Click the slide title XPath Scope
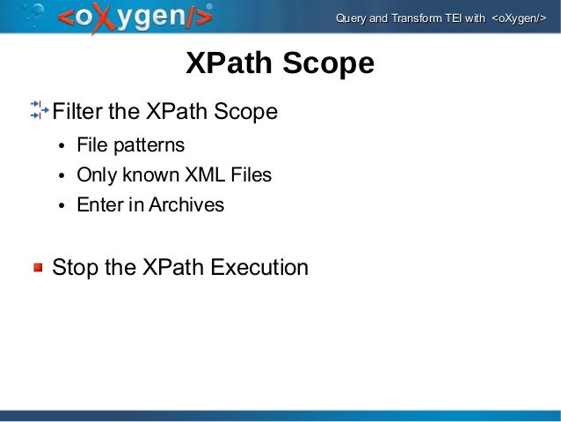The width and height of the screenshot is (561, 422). [x=280, y=63]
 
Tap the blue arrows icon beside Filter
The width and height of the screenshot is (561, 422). [x=39, y=111]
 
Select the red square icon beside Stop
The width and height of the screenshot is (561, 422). [x=39, y=267]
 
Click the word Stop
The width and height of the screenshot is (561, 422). [x=75, y=267]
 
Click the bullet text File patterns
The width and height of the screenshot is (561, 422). [x=130, y=144]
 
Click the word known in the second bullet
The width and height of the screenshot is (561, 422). [x=149, y=174]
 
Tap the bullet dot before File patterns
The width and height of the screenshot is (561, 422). [x=62, y=145]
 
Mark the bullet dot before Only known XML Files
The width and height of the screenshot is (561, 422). [x=62, y=175]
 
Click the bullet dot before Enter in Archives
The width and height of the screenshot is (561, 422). [x=62, y=206]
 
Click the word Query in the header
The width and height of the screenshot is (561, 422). [x=352, y=19]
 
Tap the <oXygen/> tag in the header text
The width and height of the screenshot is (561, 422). [x=517, y=19]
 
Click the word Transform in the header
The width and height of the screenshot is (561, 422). [x=415, y=19]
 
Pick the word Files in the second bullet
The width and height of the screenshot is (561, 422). [x=251, y=174]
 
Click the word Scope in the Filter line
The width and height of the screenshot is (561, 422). [x=248, y=112]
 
